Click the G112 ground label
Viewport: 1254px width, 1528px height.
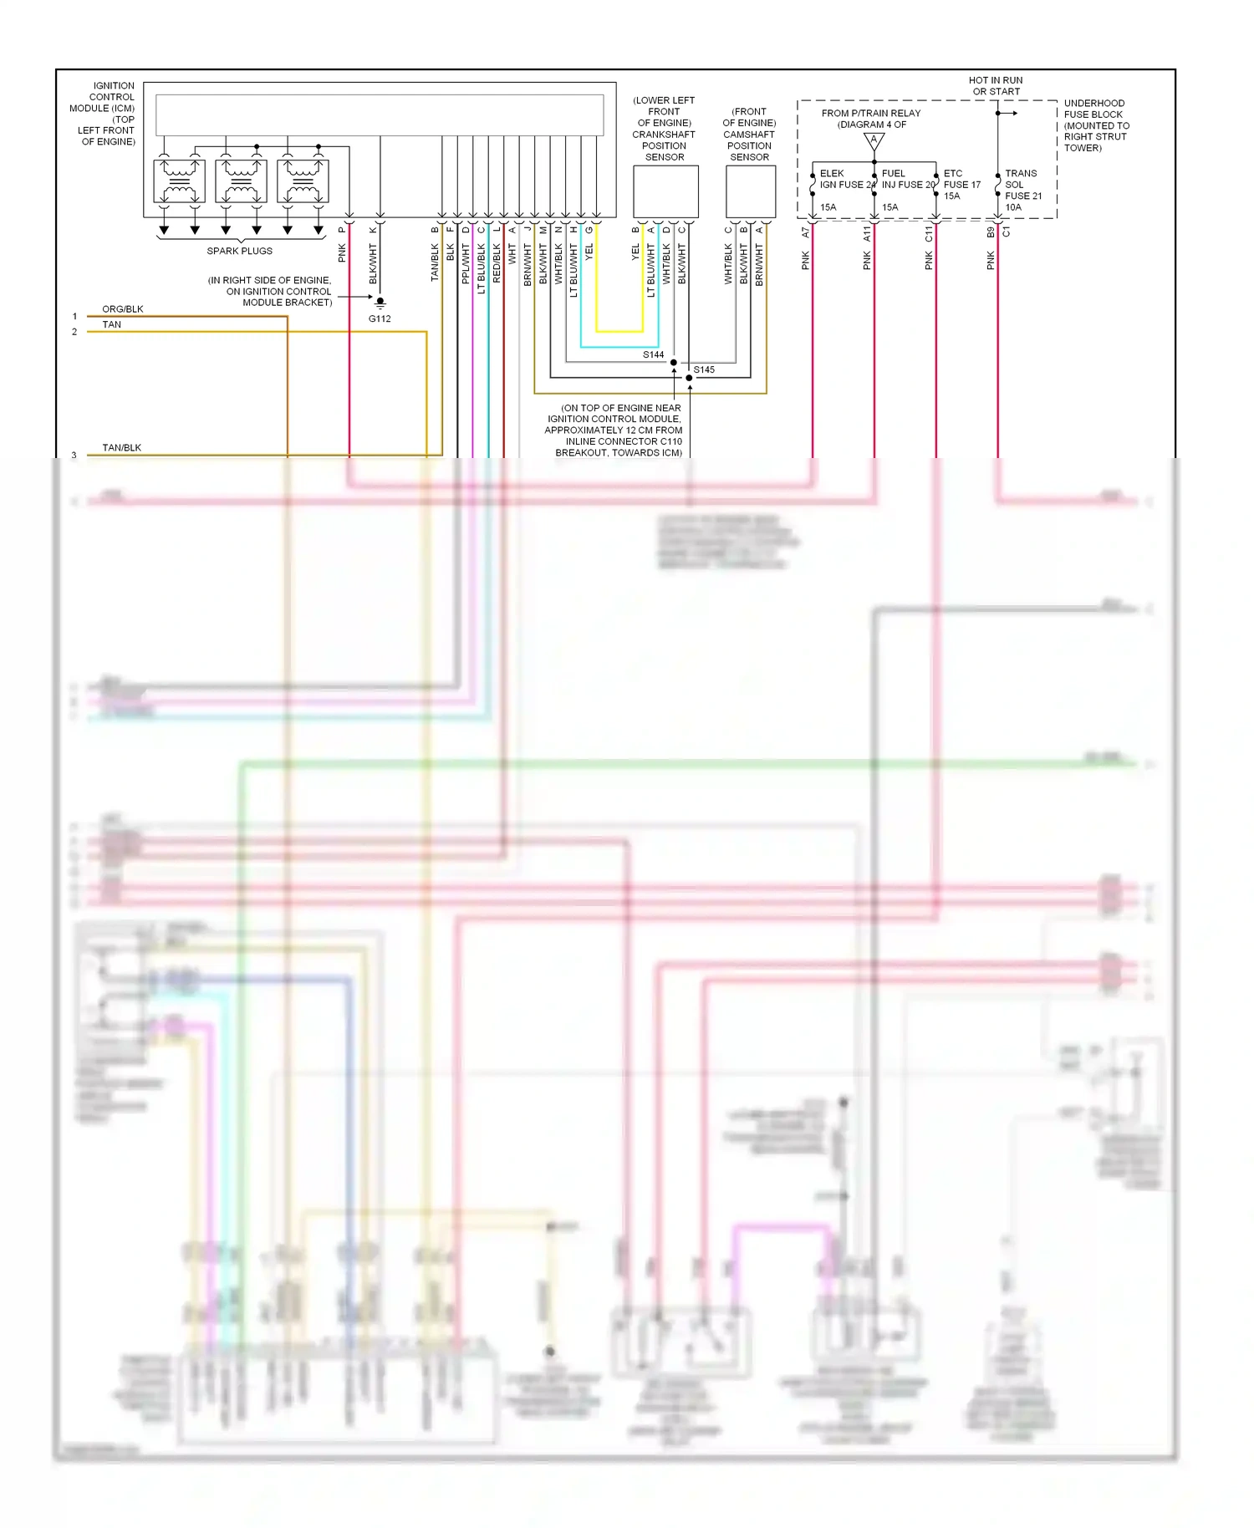(x=380, y=318)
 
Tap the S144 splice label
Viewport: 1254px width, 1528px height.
(x=653, y=355)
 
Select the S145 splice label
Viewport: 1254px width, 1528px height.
(x=704, y=369)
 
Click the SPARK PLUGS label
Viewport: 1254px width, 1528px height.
(x=240, y=251)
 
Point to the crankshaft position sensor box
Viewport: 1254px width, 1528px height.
(x=665, y=191)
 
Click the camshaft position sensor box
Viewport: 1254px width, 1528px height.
(x=750, y=191)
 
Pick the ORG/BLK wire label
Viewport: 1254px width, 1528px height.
(x=123, y=309)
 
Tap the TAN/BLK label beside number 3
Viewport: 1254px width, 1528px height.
(x=122, y=448)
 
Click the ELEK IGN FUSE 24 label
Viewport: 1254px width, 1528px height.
(x=846, y=180)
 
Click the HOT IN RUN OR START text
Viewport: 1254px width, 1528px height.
(x=996, y=86)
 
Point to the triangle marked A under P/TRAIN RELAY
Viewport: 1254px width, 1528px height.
(x=874, y=141)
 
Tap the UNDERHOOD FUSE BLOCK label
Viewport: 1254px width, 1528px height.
(x=1096, y=125)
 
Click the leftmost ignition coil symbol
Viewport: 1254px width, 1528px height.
(x=179, y=181)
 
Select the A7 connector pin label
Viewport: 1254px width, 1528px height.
(x=806, y=232)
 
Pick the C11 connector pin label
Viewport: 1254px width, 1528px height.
(x=929, y=234)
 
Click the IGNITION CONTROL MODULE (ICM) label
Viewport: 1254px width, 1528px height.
(x=104, y=114)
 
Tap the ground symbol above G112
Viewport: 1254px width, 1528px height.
(x=380, y=302)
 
